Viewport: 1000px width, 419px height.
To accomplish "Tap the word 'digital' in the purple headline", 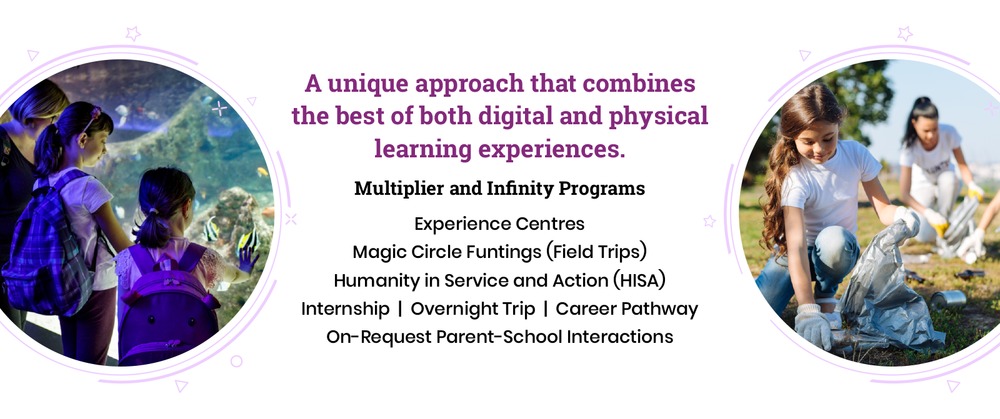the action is click(x=516, y=117).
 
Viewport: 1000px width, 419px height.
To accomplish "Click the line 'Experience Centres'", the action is click(x=499, y=224).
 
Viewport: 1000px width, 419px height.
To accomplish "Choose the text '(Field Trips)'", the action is click(x=597, y=252).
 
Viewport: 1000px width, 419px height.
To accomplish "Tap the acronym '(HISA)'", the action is click(x=639, y=280).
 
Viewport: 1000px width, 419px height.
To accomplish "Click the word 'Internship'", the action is click(x=345, y=309).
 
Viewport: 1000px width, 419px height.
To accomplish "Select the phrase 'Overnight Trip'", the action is click(x=472, y=309).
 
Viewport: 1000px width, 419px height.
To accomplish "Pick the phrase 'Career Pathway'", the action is click(x=626, y=309).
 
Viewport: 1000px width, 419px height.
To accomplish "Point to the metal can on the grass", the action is click(x=947, y=300).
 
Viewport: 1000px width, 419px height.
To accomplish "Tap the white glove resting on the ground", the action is click(x=812, y=326).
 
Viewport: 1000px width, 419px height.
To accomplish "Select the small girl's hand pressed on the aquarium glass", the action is click(x=248, y=259).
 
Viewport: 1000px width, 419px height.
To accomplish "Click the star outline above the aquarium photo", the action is click(x=133, y=34).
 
